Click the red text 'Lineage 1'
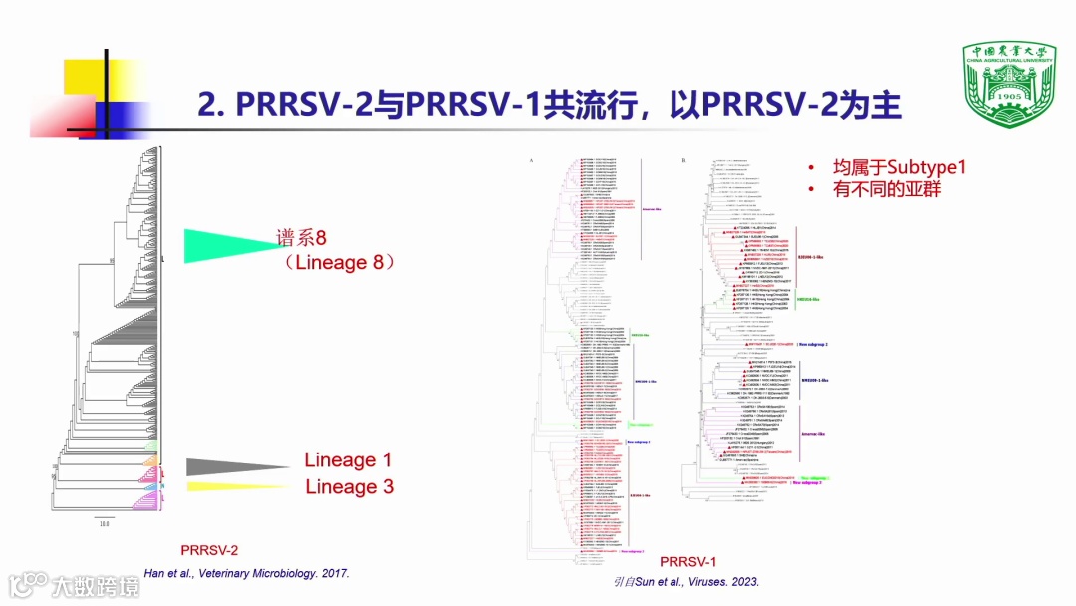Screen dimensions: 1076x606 pyautogui.click(x=348, y=460)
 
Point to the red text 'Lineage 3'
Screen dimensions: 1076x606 pyautogui.click(x=349, y=487)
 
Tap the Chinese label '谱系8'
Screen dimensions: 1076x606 pyautogui.click(x=302, y=238)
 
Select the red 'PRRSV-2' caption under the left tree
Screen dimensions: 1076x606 pyautogui.click(x=209, y=550)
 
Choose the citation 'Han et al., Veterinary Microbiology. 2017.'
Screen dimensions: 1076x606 pyautogui.click(x=246, y=573)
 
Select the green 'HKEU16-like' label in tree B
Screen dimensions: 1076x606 pyautogui.click(x=809, y=298)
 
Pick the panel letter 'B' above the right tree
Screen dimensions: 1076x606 pyautogui.click(x=683, y=159)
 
